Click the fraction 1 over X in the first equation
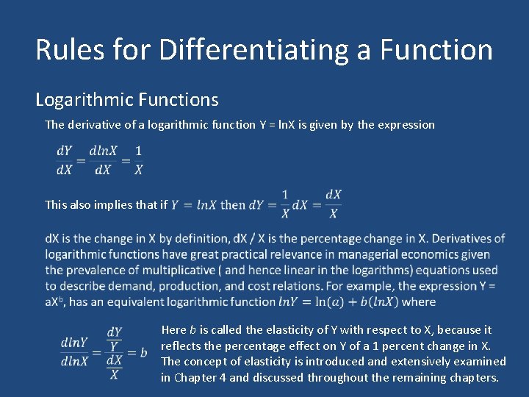tap(138, 160)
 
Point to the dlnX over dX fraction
tap(103, 160)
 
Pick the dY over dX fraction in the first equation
tap(65, 160)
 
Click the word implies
tap(120, 204)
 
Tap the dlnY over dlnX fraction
tap(75, 351)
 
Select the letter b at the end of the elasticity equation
tap(143, 352)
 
